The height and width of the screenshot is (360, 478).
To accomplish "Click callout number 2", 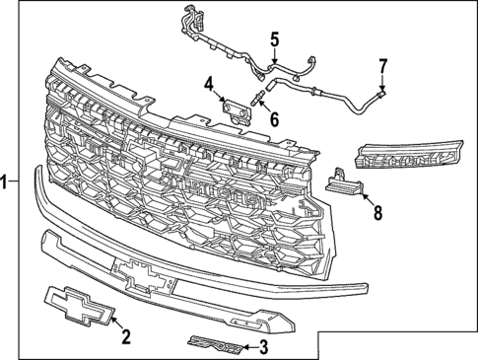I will click(x=125, y=337).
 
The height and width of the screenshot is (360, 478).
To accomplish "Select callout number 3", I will click(x=263, y=346).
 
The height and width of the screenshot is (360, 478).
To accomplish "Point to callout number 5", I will click(x=275, y=39).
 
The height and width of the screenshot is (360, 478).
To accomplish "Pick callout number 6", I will click(x=274, y=118).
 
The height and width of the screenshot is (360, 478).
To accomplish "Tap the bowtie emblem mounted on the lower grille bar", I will click(x=145, y=274).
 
